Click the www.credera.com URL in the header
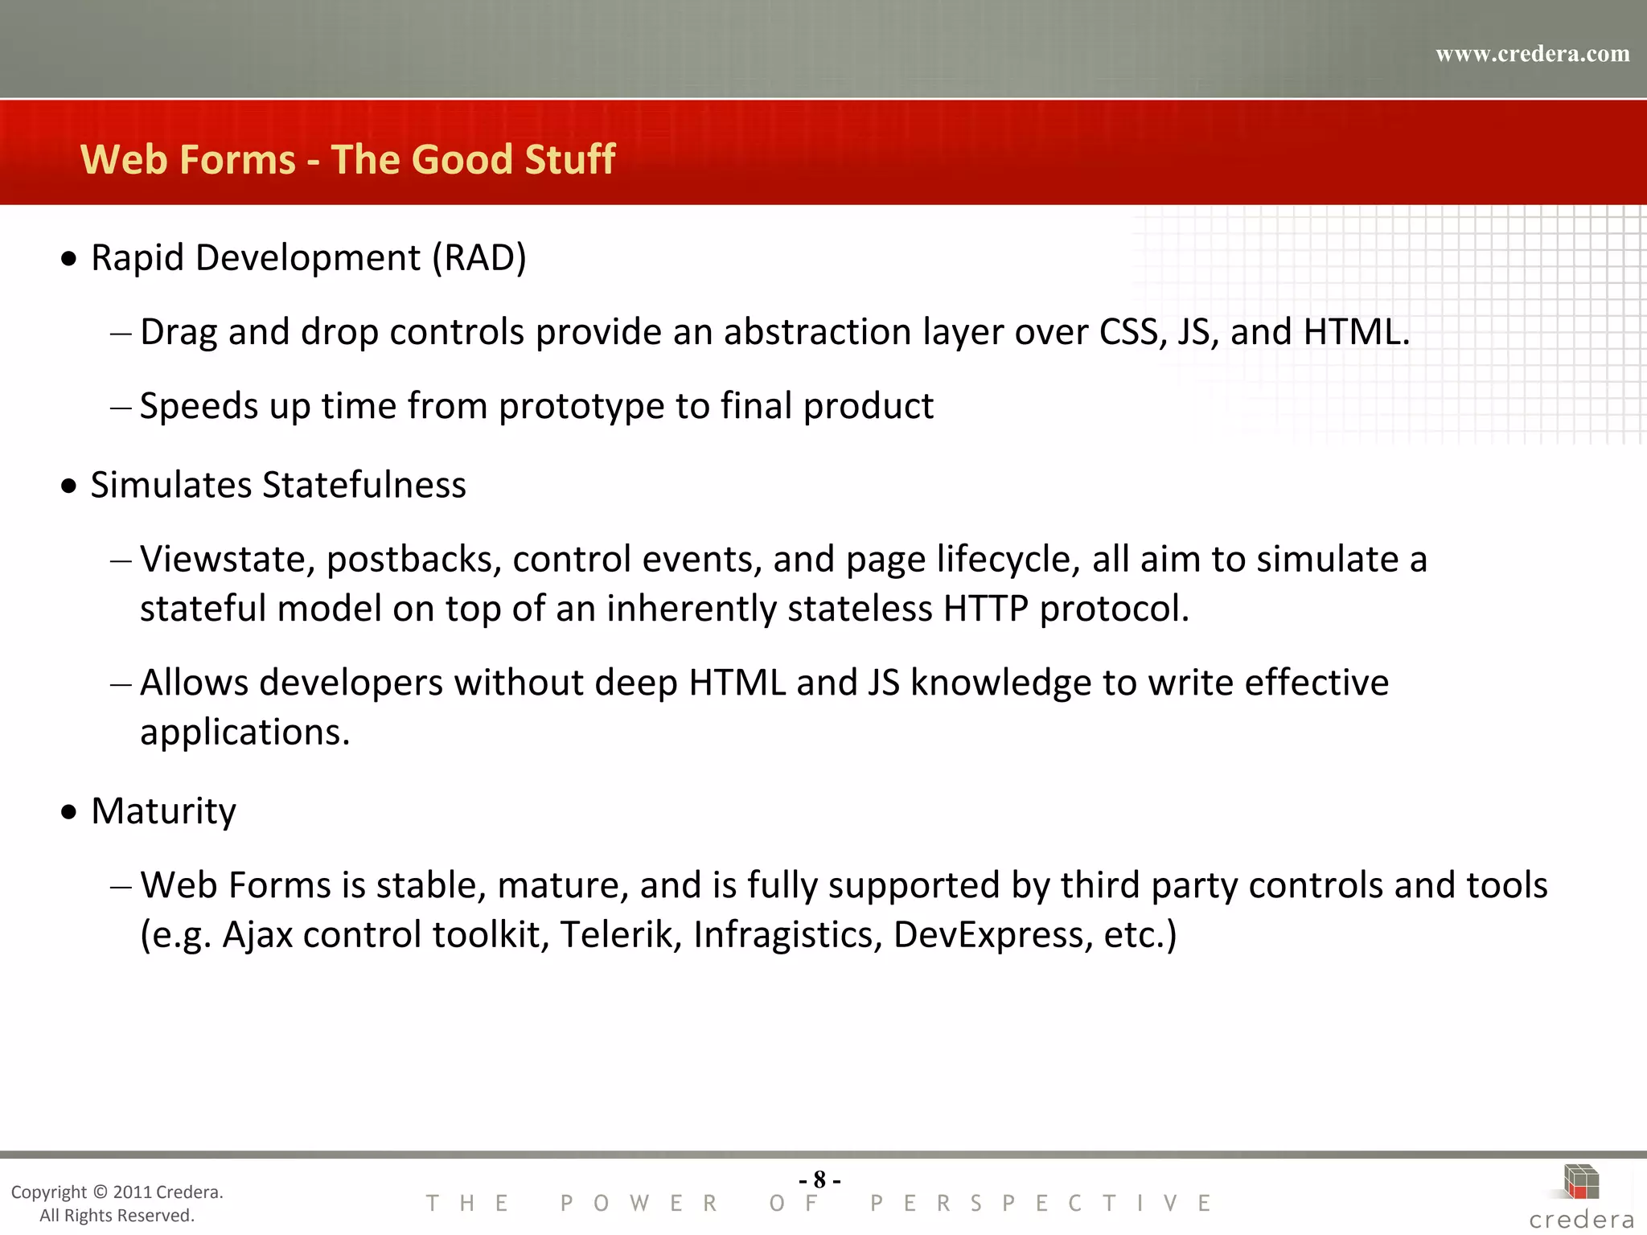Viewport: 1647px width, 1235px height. click(x=1532, y=54)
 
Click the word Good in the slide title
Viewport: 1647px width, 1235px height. click(x=462, y=159)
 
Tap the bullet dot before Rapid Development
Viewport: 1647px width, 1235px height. click(x=70, y=259)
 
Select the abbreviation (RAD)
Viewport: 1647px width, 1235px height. click(x=479, y=258)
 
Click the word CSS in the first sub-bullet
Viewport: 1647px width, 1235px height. click(x=1132, y=332)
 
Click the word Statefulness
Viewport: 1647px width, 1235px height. click(x=364, y=485)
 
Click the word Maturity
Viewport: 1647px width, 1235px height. click(x=163, y=810)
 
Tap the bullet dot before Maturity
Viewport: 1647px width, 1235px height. click(x=70, y=812)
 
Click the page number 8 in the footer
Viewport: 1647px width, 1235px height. click(x=819, y=1180)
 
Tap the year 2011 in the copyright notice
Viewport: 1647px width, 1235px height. click(x=132, y=1192)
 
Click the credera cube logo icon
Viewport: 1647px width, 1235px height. click(x=1581, y=1182)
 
